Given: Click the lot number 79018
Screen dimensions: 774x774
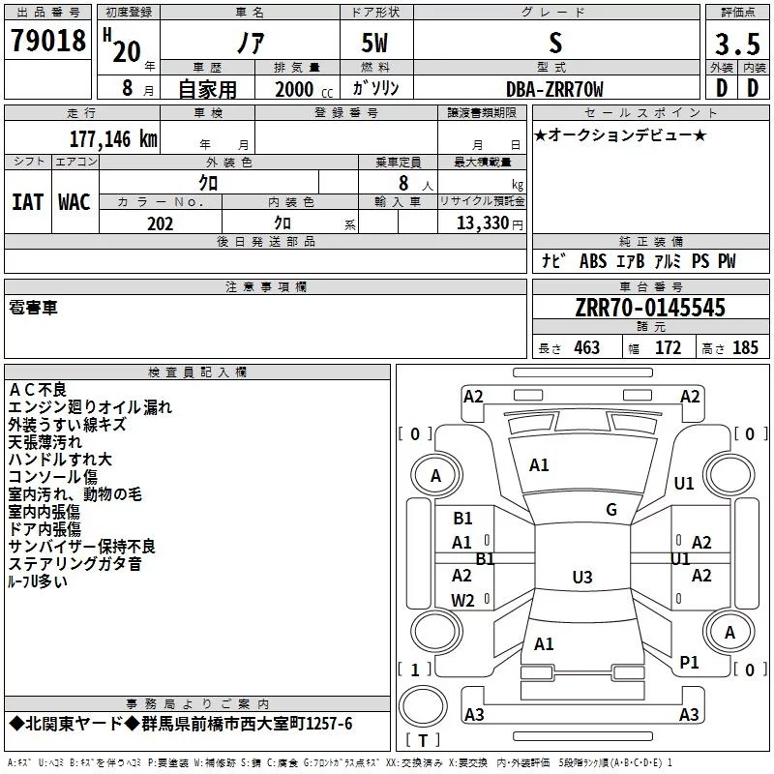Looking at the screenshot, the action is tap(47, 40).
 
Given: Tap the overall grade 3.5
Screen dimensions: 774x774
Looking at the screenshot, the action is tap(737, 44).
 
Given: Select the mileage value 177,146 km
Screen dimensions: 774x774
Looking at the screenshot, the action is tap(113, 138).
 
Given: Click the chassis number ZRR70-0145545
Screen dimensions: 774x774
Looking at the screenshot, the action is tap(650, 307).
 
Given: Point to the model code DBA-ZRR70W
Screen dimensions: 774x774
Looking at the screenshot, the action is tap(554, 89).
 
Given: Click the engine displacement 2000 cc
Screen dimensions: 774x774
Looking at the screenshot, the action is tap(304, 89).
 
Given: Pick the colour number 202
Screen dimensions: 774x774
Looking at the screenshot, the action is tap(160, 223).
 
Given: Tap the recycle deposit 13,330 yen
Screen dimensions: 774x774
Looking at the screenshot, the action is tap(490, 223).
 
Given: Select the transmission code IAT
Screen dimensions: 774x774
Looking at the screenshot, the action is tap(28, 202).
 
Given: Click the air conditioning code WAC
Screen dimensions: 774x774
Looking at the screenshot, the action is tap(74, 202).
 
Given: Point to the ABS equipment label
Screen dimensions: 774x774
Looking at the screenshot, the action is tap(593, 260).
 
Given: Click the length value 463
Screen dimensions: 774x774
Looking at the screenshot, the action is tap(586, 347).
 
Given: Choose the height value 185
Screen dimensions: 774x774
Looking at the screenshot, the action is tap(745, 347).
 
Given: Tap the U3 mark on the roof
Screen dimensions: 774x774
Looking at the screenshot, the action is tap(582, 577).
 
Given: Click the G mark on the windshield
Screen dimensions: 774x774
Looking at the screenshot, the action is tap(611, 509).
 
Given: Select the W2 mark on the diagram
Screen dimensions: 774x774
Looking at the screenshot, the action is tap(462, 600).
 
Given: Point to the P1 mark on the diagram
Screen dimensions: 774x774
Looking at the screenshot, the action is tap(689, 662).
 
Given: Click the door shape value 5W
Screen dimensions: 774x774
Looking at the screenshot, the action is tap(374, 43).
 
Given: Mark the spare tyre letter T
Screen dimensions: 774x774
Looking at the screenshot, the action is tap(423, 740).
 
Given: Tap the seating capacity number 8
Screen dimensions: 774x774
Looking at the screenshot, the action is tap(403, 183).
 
